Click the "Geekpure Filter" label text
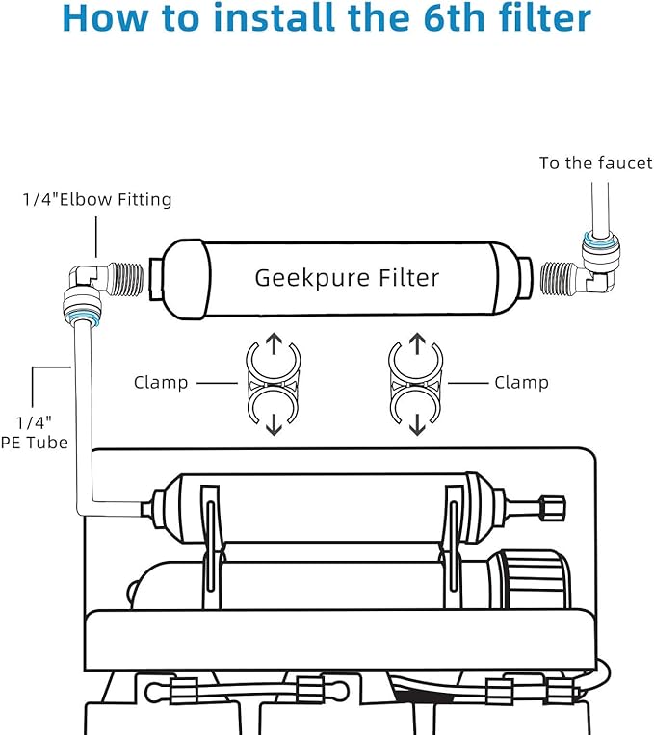[x=347, y=278]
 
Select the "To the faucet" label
[x=595, y=164]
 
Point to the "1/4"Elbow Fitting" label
[x=97, y=200]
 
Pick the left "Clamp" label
[x=161, y=383]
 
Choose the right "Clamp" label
[x=521, y=383]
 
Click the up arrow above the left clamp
[x=274, y=343]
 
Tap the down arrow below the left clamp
[x=274, y=423]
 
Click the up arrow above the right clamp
[x=417, y=343]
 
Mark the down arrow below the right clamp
[x=417, y=423]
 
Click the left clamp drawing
[x=274, y=383]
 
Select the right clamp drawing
[x=417, y=383]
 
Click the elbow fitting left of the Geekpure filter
[x=85, y=284]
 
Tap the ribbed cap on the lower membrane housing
[x=531, y=579]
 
